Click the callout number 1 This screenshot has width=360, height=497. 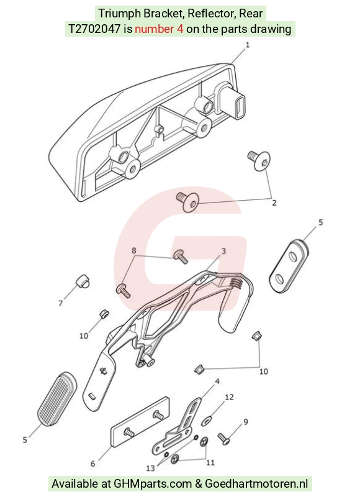tap(248, 45)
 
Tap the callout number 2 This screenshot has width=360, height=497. tap(274, 203)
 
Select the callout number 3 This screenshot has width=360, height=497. tap(223, 251)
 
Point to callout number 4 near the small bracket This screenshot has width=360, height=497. tap(217, 381)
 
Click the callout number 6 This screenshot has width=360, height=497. tap(92, 463)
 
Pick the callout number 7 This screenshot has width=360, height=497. tap(60, 303)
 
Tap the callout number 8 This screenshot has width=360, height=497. tap(134, 250)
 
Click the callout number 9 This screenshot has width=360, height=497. tap(246, 422)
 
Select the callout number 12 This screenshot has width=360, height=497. tap(229, 397)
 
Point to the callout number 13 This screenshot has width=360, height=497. tap(151, 468)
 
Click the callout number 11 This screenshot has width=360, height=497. tap(210, 463)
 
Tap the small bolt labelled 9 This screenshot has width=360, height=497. tap(224, 439)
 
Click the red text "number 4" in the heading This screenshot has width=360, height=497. tap(159, 29)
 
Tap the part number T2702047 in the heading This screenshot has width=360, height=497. tap(95, 29)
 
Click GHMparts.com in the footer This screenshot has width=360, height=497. tap(153, 484)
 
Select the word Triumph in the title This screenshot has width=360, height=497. tap(119, 14)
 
